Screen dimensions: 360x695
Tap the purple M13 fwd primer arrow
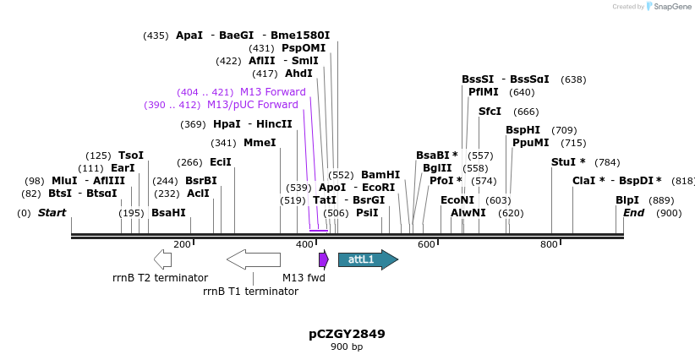[323, 259]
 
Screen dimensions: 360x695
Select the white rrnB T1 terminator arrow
[254, 259]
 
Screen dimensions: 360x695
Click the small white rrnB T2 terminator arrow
[162, 259]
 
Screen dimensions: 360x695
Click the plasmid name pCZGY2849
[347, 334]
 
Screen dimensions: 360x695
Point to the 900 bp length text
[347, 347]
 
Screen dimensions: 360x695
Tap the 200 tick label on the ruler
[182, 244]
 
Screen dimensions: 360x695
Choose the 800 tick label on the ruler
[549, 244]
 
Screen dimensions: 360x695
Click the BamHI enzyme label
[380, 175]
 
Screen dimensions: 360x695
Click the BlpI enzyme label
[627, 200]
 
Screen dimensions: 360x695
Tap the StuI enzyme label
[563, 161]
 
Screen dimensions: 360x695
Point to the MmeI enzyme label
[260, 143]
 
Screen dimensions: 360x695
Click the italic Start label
[52, 213]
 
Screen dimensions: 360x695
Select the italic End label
[633, 213]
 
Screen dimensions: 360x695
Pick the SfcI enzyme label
[490, 112]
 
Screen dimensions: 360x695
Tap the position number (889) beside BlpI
[662, 200]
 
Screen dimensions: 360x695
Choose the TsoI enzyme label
[131, 155]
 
